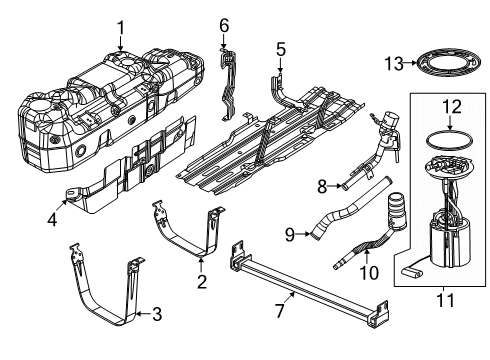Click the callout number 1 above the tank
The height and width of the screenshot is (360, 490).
(x=121, y=27)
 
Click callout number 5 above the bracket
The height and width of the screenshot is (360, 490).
(x=281, y=47)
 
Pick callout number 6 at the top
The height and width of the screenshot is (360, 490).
(x=224, y=25)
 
